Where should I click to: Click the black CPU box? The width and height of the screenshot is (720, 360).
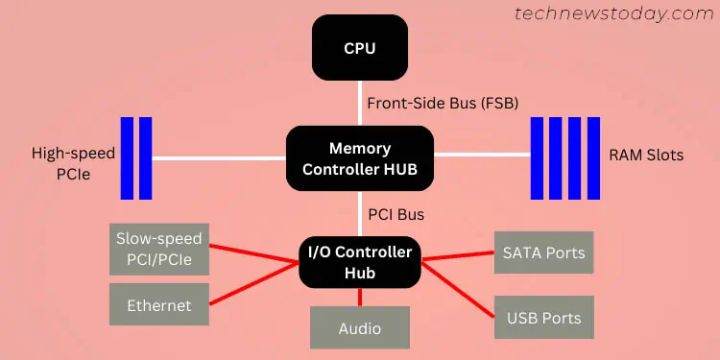[360, 48]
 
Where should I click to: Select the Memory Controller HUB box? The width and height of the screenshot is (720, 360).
[360, 159]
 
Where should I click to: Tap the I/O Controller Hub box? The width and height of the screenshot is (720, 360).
[360, 263]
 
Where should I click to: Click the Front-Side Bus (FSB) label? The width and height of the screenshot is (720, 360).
[428, 103]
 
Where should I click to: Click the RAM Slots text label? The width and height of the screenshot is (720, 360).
[646, 155]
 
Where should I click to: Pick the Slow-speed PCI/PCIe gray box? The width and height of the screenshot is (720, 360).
[160, 248]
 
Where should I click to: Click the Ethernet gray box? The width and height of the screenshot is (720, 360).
[159, 305]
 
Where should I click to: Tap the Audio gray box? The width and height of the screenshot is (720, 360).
[360, 327]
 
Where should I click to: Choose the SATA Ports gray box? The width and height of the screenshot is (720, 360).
[543, 253]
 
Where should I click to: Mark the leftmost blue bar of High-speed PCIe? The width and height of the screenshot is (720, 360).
[127, 158]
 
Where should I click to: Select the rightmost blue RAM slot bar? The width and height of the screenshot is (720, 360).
[593, 158]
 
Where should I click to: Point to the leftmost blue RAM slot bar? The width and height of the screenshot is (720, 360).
[537, 158]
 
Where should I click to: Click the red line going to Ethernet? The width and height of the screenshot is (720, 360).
[254, 286]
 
